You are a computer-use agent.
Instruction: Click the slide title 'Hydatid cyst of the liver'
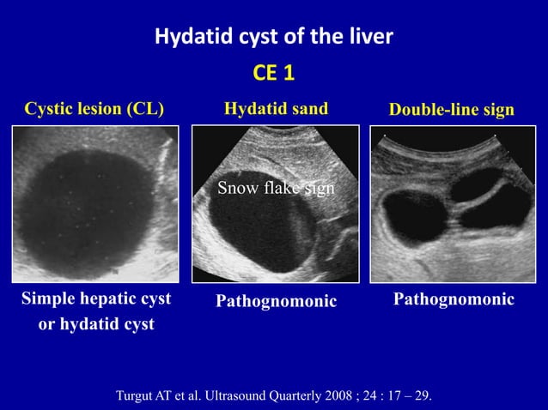tap(273, 37)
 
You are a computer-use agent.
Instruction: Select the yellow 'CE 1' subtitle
tap(274, 74)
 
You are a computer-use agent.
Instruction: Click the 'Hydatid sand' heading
tap(275, 109)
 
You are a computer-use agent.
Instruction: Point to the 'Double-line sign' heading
tap(452, 110)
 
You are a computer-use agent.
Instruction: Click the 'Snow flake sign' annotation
tap(275, 188)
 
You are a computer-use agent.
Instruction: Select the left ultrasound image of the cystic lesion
tap(95, 203)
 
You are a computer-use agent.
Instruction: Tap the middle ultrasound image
tap(275, 204)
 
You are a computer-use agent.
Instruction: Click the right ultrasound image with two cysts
tap(452, 204)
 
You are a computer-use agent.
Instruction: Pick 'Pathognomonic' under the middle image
tap(276, 302)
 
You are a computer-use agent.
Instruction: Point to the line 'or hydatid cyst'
tap(95, 324)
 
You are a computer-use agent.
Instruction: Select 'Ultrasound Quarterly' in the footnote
tap(262, 395)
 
